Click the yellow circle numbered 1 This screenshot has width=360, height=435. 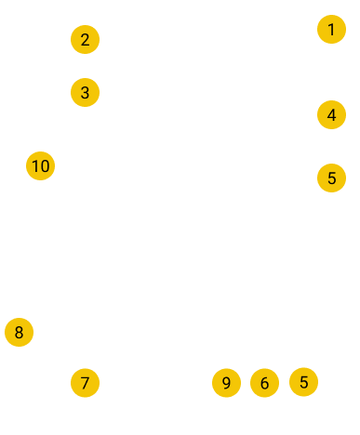point(331,29)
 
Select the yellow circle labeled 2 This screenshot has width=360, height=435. point(85,39)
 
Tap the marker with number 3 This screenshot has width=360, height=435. point(85,92)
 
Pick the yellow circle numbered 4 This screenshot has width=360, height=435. point(331,114)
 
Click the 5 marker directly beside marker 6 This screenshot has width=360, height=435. point(303,382)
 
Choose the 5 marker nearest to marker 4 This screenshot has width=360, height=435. point(331,178)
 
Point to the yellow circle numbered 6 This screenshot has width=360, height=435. point(264,383)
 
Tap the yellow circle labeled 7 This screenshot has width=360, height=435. point(85,383)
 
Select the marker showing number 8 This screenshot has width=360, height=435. point(19,332)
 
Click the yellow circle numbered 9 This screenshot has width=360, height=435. point(226,383)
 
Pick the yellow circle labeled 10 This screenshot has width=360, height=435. point(40,165)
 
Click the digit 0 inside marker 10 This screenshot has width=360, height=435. point(45,166)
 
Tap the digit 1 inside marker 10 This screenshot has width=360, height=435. point(34,166)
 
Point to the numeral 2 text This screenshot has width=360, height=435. point(85,40)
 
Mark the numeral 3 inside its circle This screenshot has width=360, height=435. point(85,93)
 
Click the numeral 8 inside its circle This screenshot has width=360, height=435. point(19,333)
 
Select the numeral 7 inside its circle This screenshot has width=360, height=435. point(85,383)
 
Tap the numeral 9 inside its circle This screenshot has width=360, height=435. point(226,383)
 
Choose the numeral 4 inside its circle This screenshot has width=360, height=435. point(331,115)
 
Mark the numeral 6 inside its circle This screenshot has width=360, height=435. point(264,383)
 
